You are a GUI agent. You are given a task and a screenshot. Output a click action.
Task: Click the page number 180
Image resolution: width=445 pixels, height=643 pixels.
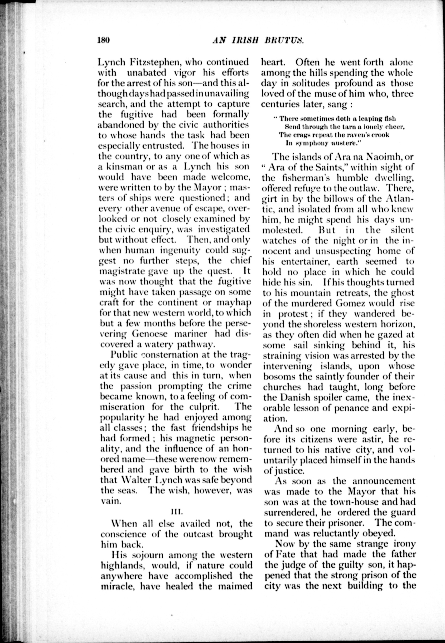tap(104, 40)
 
